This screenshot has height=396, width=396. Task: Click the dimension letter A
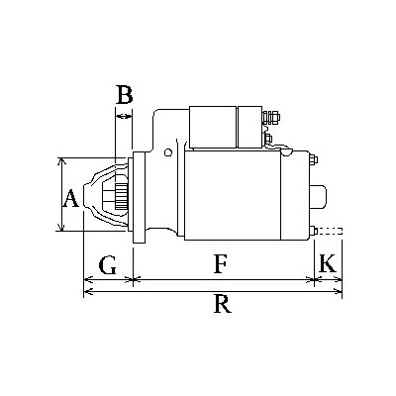(71, 198)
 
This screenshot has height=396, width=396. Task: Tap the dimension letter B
(125, 94)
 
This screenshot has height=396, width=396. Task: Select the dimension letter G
(108, 264)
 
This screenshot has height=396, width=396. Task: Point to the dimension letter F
(220, 264)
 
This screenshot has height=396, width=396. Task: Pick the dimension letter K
(328, 263)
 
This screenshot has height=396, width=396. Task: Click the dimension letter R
(223, 304)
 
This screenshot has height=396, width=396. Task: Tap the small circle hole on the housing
(168, 152)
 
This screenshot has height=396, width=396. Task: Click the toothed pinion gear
(122, 197)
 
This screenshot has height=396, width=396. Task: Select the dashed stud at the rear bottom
(330, 232)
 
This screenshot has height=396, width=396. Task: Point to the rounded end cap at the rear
(319, 196)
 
